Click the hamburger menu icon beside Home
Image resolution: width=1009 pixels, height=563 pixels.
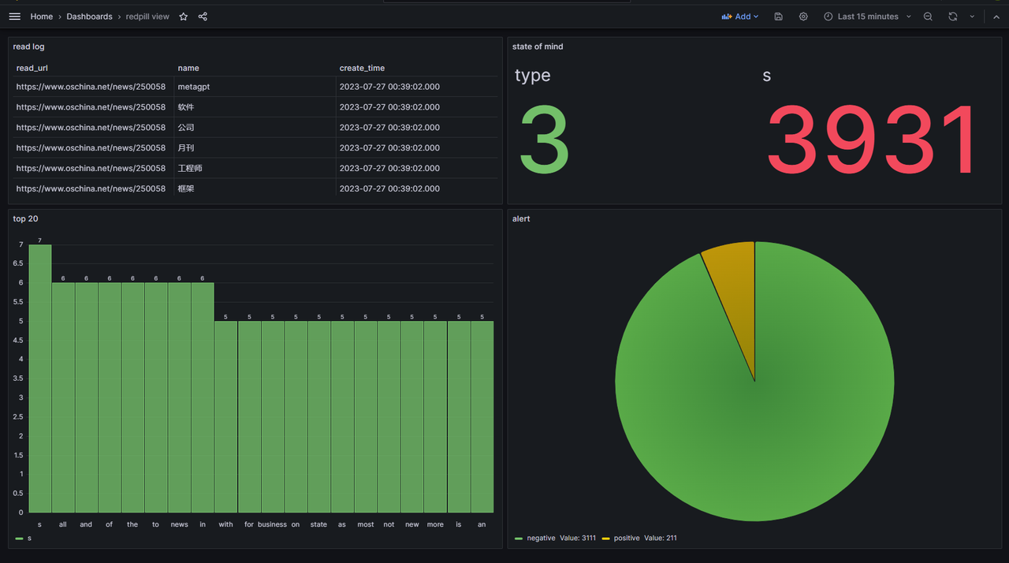(14, 17)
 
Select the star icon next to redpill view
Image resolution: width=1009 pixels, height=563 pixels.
(184, 17)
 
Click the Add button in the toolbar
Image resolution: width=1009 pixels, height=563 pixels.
(740, 17)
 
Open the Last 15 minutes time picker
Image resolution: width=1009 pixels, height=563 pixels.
(867, 17)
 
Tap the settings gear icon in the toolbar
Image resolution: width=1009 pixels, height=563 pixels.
(803, 17)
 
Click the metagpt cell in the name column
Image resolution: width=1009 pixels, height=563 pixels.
(193, 87)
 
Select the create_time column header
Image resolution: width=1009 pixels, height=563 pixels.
(362, 68)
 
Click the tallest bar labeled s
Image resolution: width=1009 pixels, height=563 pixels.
(40, 378)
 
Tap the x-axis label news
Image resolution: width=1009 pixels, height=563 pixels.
(180, 524)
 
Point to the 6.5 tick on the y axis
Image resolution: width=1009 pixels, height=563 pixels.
(18, 263)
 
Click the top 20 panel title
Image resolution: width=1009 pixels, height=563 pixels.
(25, 218)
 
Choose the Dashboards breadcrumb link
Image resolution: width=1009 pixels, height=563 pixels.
(89, 17)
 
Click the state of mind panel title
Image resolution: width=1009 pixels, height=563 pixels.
(538, 47)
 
